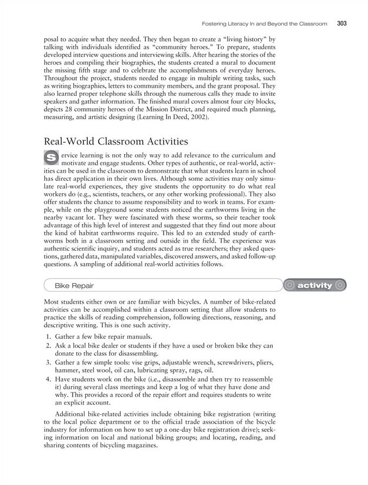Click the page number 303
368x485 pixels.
(x=341, y=23)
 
